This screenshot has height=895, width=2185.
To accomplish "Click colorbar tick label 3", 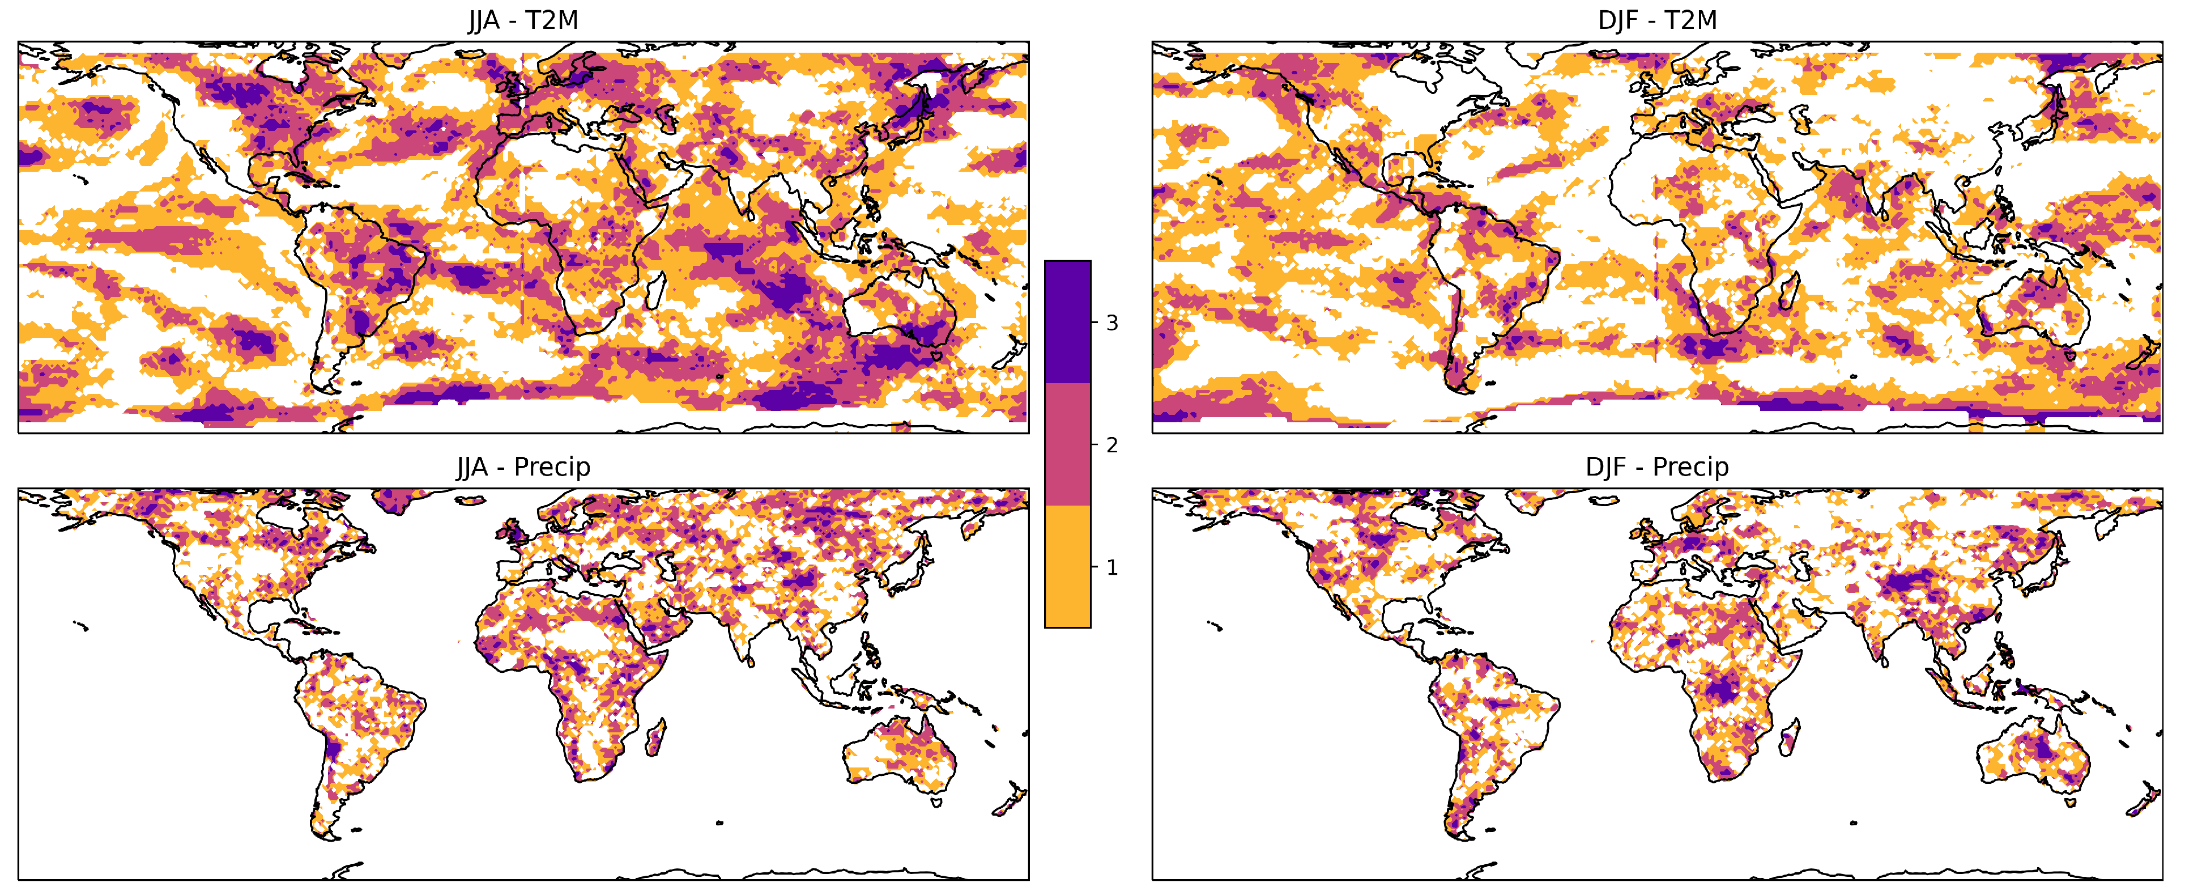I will pos(1111,323).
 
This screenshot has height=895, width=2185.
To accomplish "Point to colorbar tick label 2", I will pos(1111,444).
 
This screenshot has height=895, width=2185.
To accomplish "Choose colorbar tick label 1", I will pos(1111,567).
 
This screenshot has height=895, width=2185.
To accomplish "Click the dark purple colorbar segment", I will pos(1067,323).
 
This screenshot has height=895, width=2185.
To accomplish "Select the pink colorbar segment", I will pos(1067,444).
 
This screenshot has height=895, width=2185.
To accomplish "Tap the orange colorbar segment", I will pos(1067,567).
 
